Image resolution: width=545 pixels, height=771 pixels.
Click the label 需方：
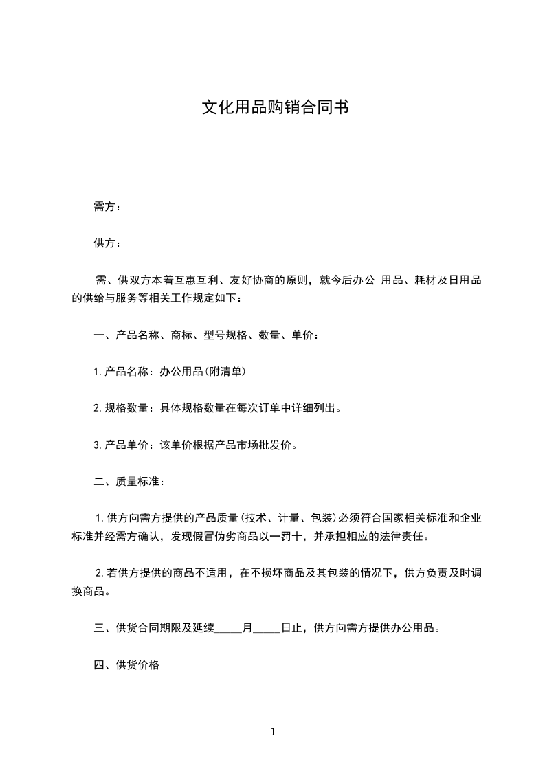(107, 207)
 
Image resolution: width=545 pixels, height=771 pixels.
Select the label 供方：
(107, 243)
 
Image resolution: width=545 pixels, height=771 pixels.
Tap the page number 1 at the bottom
(273, 733)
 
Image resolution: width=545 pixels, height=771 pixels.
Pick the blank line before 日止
(267, 629)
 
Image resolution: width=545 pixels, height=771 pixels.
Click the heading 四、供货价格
(126, 665)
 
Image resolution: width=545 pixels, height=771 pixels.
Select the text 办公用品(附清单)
(203, 372)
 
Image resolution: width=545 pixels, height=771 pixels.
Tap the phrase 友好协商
(253, 280)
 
